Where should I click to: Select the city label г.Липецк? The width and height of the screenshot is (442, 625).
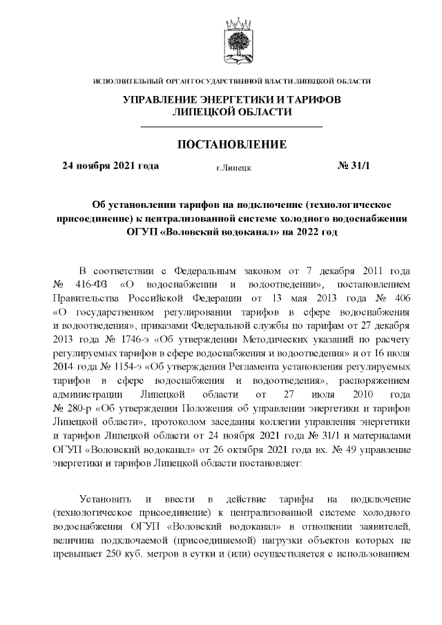click(233, 167)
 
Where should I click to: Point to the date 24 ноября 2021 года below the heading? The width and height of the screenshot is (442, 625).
click(110, 166)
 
